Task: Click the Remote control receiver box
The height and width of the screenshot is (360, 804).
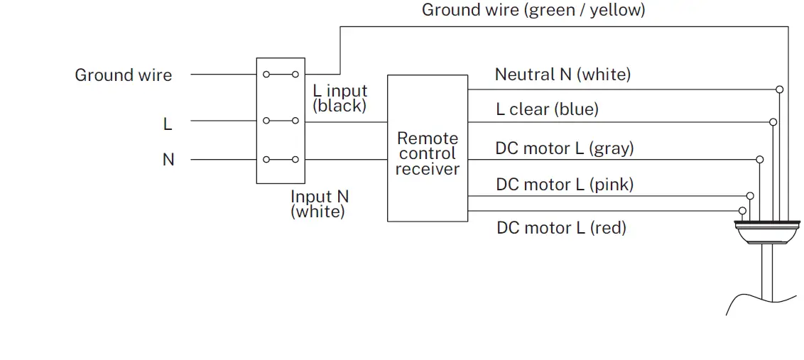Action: pos(427,148)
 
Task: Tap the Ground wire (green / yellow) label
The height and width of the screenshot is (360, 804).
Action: pos(533,11)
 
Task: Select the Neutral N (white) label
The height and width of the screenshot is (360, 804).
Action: pos(563,75)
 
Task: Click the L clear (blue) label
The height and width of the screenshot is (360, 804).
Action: pos(547,109)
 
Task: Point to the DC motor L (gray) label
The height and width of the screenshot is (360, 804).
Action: pos(565,148)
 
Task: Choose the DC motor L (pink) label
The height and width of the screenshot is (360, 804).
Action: pos(565,185)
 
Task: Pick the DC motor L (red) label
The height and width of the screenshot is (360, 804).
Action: pos(561,228)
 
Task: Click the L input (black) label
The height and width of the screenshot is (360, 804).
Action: pos(340,99)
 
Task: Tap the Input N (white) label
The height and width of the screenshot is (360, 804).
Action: pos(320,204)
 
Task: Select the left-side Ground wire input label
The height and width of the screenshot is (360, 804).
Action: pos(124,75)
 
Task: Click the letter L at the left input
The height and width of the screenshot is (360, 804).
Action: pos(168,124)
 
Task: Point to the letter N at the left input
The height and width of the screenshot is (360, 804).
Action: pos(168,160)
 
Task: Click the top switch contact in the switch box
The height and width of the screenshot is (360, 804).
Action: pos(280,74)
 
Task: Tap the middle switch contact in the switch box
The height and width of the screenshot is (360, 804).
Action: pos(280,121)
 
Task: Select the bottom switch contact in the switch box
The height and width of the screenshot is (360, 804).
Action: pos(280,159)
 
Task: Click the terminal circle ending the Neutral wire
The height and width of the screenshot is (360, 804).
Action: pos(780,89)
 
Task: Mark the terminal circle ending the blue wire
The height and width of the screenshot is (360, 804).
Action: pos(773,122)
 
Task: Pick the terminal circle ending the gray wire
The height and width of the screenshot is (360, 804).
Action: pos(761,159)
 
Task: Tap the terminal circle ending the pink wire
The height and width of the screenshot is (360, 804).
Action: pos(750,195)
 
